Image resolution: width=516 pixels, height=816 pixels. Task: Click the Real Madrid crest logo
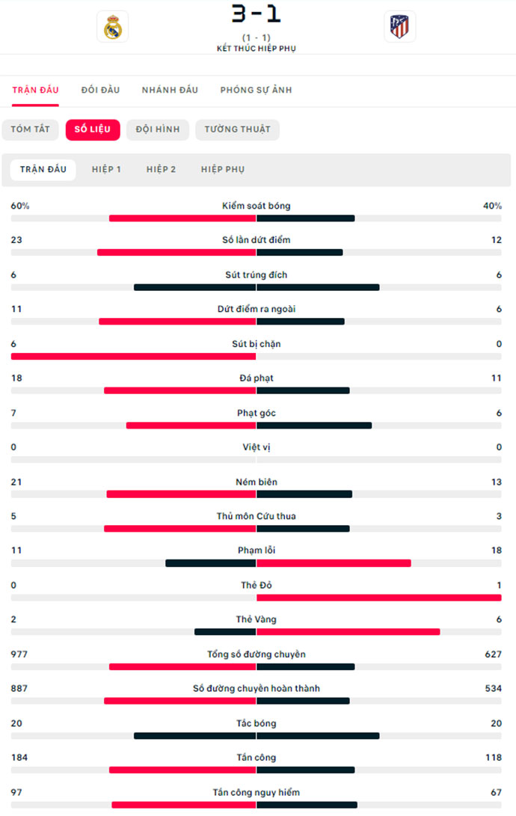(x=113, y=26)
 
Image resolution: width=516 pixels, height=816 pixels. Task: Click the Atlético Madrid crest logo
(x=400, y=26)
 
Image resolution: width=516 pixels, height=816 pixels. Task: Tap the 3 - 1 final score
(x=257, y=13)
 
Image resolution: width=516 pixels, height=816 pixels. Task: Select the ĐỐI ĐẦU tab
(x=100, y=90)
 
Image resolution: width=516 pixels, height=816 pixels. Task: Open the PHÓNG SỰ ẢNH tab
(x=256, y=90)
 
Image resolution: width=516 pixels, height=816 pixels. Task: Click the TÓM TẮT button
(x=30, y=129)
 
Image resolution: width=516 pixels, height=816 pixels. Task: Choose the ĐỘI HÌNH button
(x=158, y=129)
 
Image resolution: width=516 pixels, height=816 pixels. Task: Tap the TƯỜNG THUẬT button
(x=237, y=129)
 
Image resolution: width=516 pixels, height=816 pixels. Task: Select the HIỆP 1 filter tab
(x=106, y=170)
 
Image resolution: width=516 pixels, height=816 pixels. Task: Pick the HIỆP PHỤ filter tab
(x=222, y=170)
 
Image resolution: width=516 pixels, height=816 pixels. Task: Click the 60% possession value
(x=20, y=206)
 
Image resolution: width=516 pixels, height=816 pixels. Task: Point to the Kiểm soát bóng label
(x=257, y=206)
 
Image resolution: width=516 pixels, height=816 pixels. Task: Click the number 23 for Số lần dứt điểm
(x=16, y=240)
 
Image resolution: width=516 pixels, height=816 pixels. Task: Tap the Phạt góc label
(x=257, y=413)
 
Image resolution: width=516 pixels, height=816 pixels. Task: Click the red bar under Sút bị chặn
(x=134, y=356)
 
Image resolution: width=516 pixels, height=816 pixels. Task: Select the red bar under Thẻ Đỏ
(x=378, y=598)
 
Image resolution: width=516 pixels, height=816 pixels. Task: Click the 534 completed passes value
(x=493, y=688)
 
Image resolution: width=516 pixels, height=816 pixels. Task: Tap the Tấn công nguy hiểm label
(x=257, y=792)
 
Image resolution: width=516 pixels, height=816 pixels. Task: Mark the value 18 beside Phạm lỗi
(x=496, y=550)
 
